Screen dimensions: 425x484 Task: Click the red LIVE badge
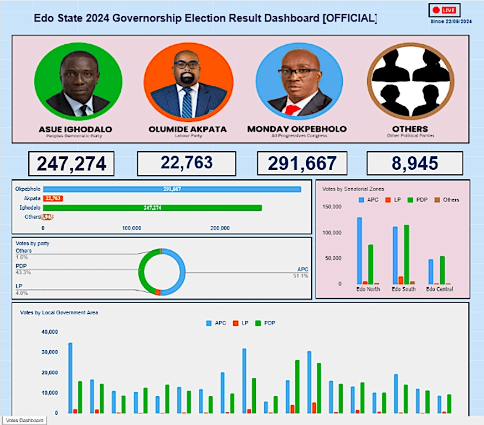[444, 10]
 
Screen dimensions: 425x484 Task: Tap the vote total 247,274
[71, 164]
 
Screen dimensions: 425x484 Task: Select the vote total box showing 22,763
[187, 163]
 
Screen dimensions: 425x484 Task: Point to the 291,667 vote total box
[302, 163]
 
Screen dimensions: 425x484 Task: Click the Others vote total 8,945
[415, 163]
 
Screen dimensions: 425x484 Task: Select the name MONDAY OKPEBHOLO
[297, 129]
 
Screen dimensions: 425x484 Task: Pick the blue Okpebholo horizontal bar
[172, 189]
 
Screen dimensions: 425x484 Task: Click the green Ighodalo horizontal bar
[152, 208]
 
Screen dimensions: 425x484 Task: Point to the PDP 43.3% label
[23, 269]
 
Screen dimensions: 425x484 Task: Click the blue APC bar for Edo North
[359, 250]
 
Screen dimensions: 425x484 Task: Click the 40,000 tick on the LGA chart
[49, 332]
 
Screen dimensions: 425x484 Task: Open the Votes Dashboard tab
[24, 421]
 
